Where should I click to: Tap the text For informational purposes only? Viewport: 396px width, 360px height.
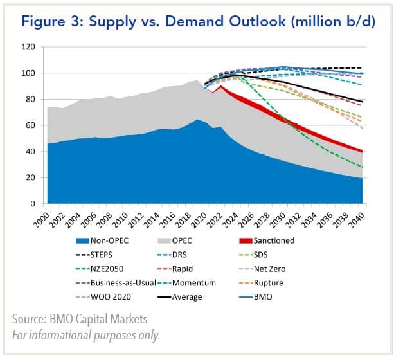click(86, 334)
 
